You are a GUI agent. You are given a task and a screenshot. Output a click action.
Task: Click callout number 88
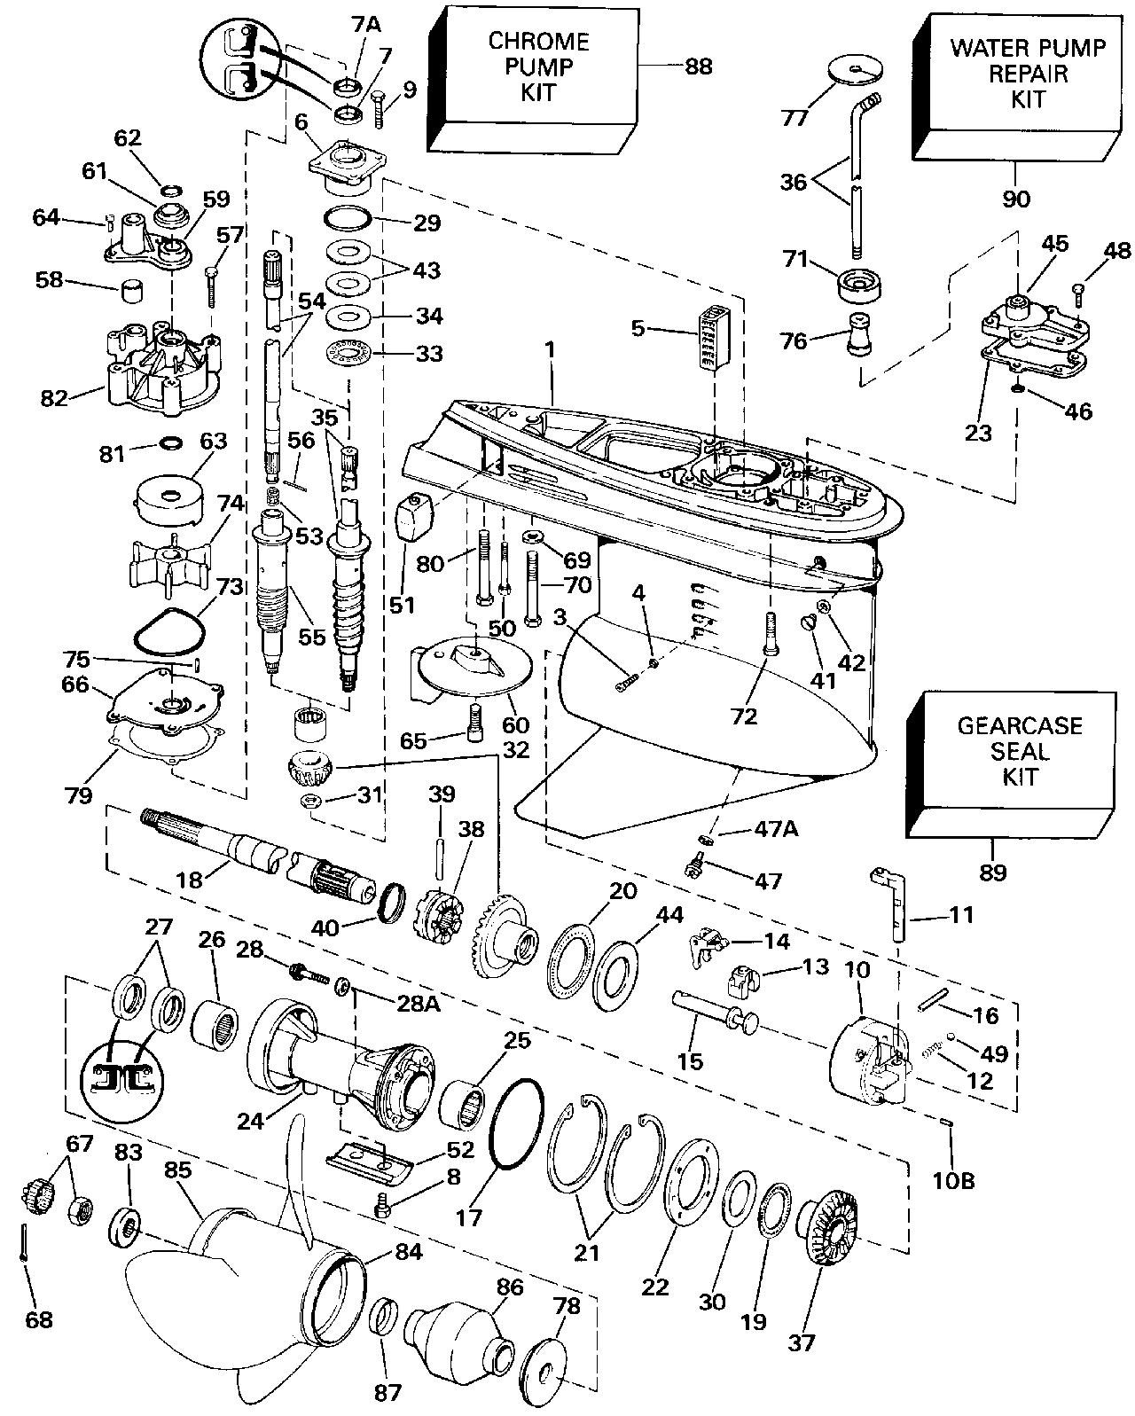click(699, 66)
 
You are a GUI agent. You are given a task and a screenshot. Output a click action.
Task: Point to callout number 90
click(1016, 198)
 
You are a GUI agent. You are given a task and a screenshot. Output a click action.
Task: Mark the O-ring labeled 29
click(348, 218)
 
